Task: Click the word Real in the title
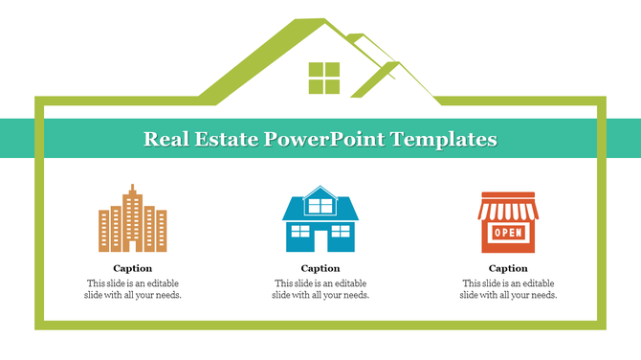pyautogui.click(x=164, y=139)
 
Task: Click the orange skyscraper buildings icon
pyautogui.click(x=132, y=219)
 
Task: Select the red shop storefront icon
pyautogui.click(x=508, y=220)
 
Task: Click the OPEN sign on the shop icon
pyautogui.click(x=508, y=233)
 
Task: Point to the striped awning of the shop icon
pyautogui.click(x=508, y=208)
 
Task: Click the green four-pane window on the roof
pyautogui.click(x=323, y=79)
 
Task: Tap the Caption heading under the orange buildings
pyautogui.click(x=132, y=269)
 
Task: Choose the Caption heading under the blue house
pyautogui.click(x=320, y=269)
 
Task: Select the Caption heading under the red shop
pyautogui.click(x=508, y=269)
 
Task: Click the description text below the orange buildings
pyautogui.click(x=132, y=289)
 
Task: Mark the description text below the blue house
pyautogui.click(x=320, y=289)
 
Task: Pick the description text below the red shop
pyautogui.click(x=508, y=289)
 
